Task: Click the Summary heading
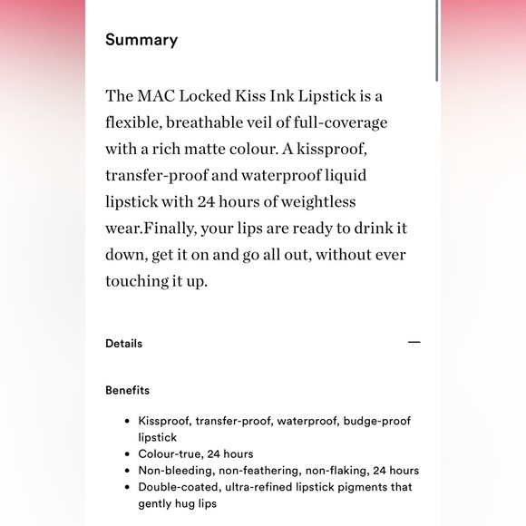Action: click(141, 40)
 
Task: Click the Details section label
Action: click(123, 344)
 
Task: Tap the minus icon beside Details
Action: click(414, 343)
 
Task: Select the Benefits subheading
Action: click(127, 391)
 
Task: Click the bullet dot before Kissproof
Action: click(127, 422)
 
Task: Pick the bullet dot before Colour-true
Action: click(127, 454)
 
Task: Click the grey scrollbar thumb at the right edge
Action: click(438, 41)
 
